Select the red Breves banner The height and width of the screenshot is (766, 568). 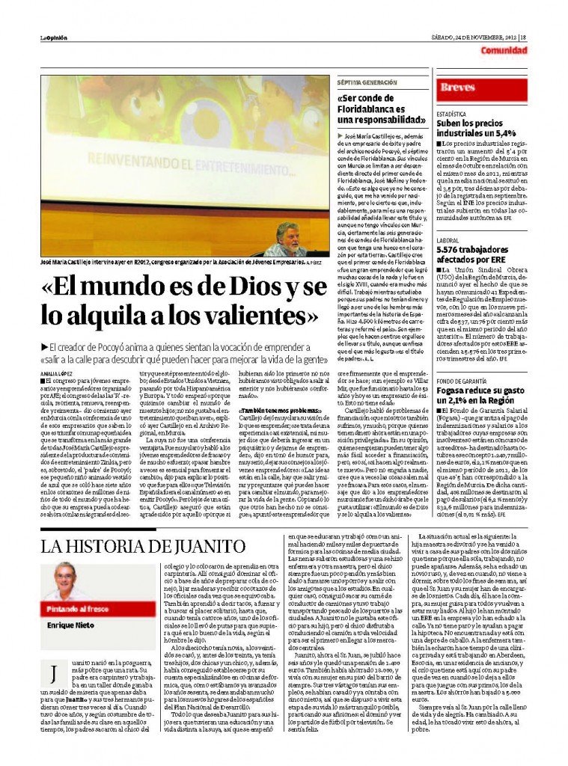pos(458,88)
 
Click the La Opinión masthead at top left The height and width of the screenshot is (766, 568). pos(54,37)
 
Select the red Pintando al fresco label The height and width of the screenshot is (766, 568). pos(76,609)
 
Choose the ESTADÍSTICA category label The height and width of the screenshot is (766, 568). pos(452,114)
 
